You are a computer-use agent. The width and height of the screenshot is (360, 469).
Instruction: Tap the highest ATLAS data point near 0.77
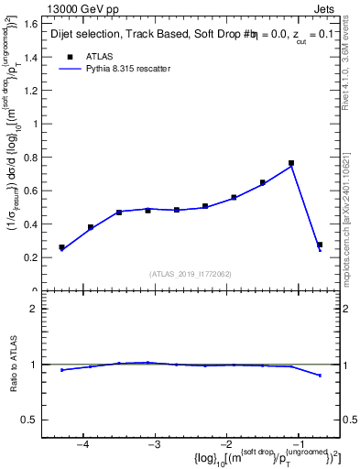click(x=290, y=163)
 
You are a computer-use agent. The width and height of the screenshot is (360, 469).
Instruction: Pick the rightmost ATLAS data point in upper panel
click(x=319, y=245)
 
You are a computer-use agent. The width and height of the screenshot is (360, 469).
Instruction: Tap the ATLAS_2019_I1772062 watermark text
click(x=191, y=273)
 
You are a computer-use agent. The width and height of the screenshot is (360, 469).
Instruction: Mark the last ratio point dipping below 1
click(x=319, y=376)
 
